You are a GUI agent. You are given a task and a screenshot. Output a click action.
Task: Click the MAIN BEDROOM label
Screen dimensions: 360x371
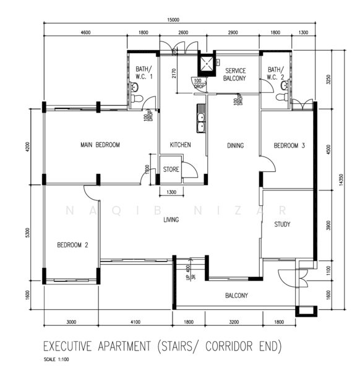(100, 145)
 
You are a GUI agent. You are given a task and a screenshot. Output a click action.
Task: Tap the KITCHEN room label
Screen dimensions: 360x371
(180, 145)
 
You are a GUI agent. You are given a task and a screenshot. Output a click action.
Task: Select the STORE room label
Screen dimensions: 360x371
(171, 169)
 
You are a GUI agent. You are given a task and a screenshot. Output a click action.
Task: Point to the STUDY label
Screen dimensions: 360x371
(282, 224)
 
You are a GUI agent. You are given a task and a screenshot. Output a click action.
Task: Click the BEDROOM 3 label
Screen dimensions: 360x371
(289, 145)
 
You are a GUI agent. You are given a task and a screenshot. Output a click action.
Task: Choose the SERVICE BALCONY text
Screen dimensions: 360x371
(235, 74)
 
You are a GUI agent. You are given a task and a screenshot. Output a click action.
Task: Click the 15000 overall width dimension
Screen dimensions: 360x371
(173, 20)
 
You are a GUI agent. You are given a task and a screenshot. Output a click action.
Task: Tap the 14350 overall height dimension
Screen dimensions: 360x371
(341, 180)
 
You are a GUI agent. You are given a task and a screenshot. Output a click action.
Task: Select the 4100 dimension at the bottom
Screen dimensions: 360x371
(135, 322)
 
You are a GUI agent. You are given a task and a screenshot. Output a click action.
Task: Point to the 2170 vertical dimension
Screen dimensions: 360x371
(174, 74)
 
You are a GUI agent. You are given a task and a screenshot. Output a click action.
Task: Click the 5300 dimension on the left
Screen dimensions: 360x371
(27, 233)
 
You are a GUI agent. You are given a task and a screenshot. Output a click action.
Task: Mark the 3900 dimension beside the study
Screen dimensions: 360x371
(328, 225)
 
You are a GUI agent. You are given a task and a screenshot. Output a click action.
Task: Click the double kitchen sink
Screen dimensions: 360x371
(200, 118)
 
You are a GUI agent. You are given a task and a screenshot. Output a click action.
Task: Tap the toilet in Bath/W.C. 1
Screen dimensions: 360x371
(137, 98)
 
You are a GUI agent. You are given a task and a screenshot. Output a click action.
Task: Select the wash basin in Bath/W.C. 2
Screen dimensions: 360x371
(285, 85)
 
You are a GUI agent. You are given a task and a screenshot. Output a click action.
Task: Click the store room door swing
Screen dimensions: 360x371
(189, 169)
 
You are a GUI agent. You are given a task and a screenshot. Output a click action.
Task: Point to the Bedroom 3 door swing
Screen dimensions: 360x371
(268, 163)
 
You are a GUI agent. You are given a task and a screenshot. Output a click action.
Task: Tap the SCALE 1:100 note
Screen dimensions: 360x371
(56, 359)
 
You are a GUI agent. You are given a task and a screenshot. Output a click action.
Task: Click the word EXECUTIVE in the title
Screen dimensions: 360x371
(67, 346)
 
